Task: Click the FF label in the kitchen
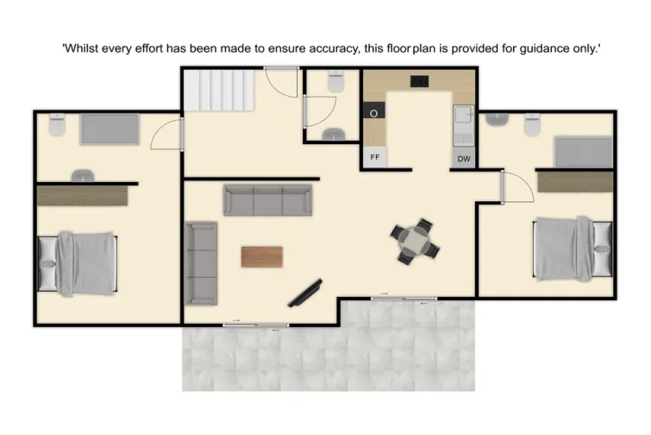(x=375, y=158)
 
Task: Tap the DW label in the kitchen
(x=464, y=158)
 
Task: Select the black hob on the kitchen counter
(x=420, y=83)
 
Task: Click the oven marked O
(x=375, y=113)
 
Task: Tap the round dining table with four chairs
(x=416, y=241)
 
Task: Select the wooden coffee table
(x=262, y=256)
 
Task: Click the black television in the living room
(x=306, y=293)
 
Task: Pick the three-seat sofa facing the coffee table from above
(x=268, y=199)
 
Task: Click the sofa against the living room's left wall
(x=202, y=262)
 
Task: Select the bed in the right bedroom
(x=572, y=248)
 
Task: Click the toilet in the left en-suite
(x=57, y=126)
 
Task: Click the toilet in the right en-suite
(x=532, y=126)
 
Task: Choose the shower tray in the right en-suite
(x=582, y=150)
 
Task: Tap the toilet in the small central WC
(x=335, y=80)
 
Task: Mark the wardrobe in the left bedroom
(x=82, y=195)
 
